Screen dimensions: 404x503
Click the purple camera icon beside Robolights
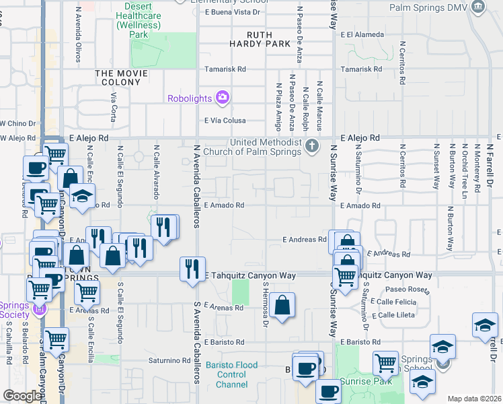tap(222, 98)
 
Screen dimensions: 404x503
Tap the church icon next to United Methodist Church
tap(311, 145)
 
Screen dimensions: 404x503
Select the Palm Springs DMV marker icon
tap(478, 7)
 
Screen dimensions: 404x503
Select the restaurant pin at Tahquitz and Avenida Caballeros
tap(192, 268)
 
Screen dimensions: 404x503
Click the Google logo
tap(22, 396)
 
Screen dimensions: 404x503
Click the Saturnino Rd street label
tap(169, 361)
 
